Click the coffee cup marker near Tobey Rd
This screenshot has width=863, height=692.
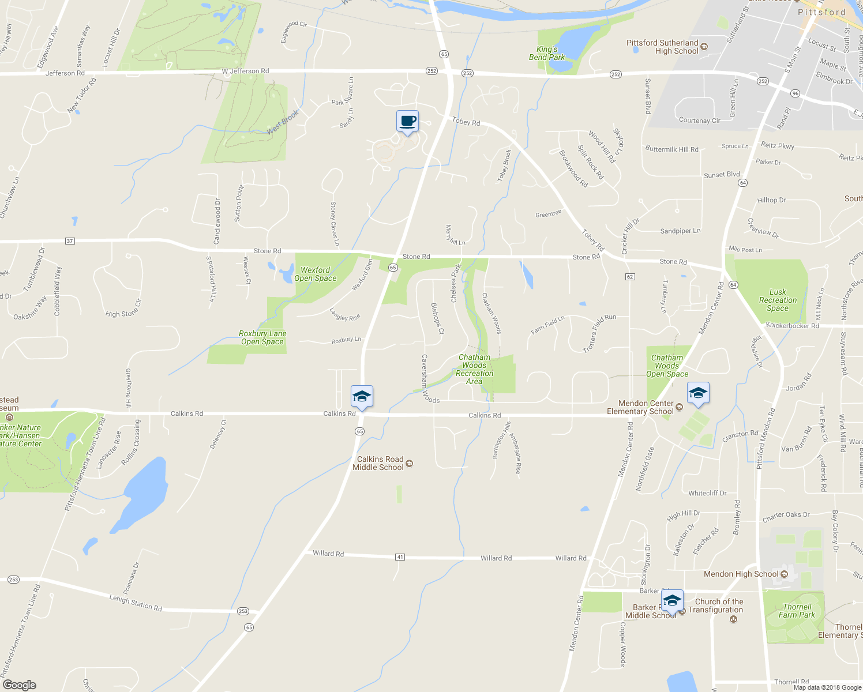coord(407,122)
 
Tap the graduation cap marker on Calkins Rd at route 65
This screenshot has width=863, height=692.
coord(362,397)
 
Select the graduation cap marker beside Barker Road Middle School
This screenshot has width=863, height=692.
coord(672,601)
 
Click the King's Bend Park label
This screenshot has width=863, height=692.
coord(547,53)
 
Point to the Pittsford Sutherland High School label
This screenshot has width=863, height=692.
coord(662,47)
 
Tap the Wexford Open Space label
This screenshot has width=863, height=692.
coord(316,274)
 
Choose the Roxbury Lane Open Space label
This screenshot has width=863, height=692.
coord(262,337)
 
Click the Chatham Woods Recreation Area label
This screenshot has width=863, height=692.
coord(474,369)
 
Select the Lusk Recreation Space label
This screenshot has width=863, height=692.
coord(778,300)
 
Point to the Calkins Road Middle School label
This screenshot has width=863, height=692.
coord(378,463)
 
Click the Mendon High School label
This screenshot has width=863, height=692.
coord(741,574)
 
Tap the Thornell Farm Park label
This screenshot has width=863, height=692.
coord(797,611)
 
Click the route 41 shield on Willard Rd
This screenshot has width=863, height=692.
coord(400,557)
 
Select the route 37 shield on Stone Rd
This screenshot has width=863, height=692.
coord(70,241)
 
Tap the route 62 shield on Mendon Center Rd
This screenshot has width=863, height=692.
coord(630,277)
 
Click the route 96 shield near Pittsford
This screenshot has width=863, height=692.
coord(795,93)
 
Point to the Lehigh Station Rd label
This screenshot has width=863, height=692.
coord(136,603)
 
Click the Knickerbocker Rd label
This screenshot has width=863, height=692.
coord(792,326)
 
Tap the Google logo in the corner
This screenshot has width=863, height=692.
coord(20,685)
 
